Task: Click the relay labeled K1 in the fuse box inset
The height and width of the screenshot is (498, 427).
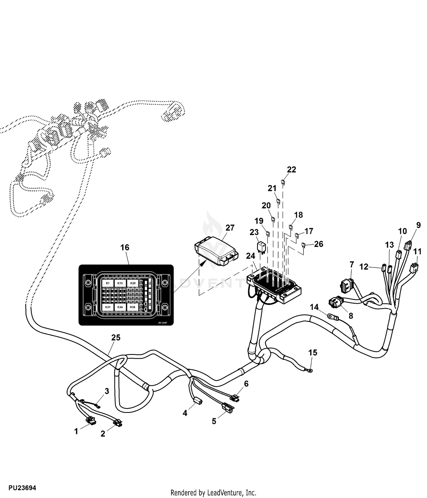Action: (x=108, y=283)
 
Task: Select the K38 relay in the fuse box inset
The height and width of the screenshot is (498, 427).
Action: (x=133, y=307)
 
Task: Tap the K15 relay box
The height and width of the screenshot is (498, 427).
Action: (x=120, y=283)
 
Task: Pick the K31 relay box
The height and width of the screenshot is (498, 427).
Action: (x=108, y=307)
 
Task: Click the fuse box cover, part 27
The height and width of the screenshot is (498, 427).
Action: (x=217, y=252)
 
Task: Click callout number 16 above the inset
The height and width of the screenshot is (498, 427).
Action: (x=125, y=248)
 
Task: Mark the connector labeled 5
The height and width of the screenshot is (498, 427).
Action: (x=227, y=408)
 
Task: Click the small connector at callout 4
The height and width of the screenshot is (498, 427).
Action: (x=198, y=401)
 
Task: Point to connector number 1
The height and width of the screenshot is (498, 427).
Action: (x=91, y=421)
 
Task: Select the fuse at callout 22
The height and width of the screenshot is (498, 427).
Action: (x=283, y=182)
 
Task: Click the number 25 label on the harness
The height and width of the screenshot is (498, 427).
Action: (x=116, y=338)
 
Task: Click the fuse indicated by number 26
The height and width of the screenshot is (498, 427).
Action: (x=304, y=245)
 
